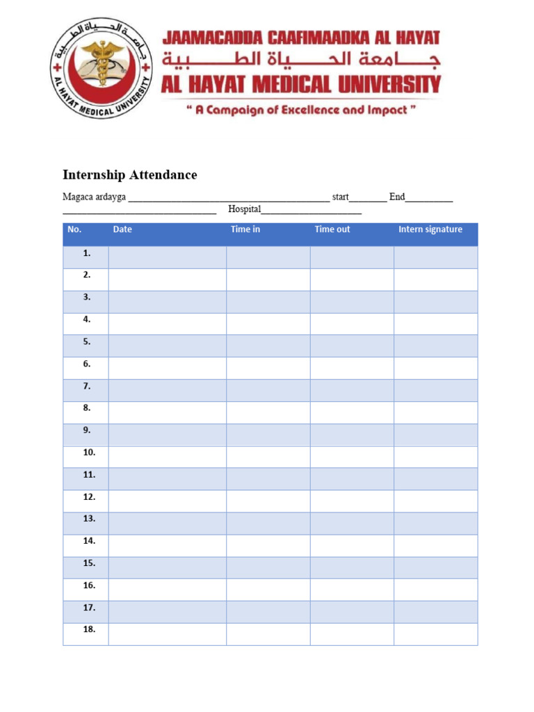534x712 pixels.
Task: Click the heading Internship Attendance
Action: (130, 175)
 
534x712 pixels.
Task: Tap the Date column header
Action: (122, 229)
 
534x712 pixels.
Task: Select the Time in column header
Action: (245, 229)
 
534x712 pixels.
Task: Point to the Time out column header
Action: (332, 229)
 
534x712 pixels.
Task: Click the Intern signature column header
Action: (430, 229)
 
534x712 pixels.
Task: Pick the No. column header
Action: (74, 229)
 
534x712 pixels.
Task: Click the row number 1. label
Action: (86, 254)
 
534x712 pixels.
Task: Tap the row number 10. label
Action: (89, 453)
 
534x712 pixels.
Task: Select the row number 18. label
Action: (89, 630)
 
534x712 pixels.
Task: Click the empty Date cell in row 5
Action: (167, 346)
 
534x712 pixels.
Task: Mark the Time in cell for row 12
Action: (268, 501)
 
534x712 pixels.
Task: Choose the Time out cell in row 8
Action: (352, 412)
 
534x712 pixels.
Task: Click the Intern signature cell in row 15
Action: (435, 567)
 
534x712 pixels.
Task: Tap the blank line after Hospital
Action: (311, 211)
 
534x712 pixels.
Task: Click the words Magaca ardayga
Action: (94, 197)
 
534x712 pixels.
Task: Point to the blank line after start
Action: (368, 199)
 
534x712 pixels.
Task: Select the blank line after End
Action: (429, 199)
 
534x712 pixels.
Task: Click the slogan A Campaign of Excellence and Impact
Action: (301, 111)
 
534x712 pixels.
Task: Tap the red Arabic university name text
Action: (301, 60)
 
